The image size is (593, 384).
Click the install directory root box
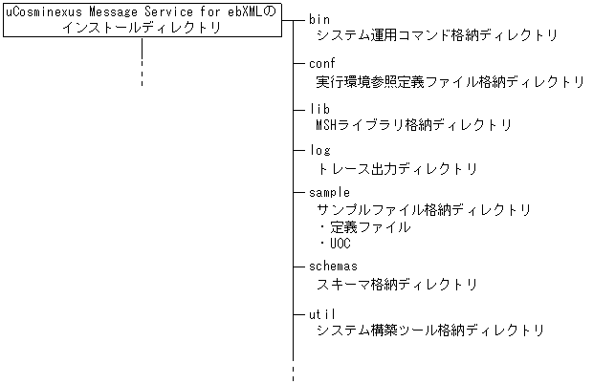pyautogui.click(x=142, y=20)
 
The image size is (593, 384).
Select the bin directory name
pyautogui.click(x=320, y=19)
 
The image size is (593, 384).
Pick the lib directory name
pyautogui.click(x=320, y=109)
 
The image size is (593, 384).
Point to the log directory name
pyautogui.click(x=320, y=151)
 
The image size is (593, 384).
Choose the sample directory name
pyautogui.click(x=330, y=193)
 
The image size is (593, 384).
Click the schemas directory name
pyautogui.click(x=334, y=267)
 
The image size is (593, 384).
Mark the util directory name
pyautogui.click(x=323, y=312)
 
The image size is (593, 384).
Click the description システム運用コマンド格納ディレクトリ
pyautogui.click(x=435, y=35)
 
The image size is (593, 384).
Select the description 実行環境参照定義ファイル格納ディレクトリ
pyautogui.click(x=450, y=81)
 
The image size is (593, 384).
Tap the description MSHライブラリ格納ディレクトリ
pyautogui.click(x=413, y=125)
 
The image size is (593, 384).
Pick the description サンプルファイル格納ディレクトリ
pyautogui.click(x=424, y=210)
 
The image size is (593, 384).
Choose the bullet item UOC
pyautogui.click(x=340, y=244)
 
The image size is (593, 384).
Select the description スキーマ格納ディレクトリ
pyautogui.click(x=397, y=284)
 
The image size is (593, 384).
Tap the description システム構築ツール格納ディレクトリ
pyautogui.click(x=430, y=331)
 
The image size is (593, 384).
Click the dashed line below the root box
pyautogui.click(x=142, y=67)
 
